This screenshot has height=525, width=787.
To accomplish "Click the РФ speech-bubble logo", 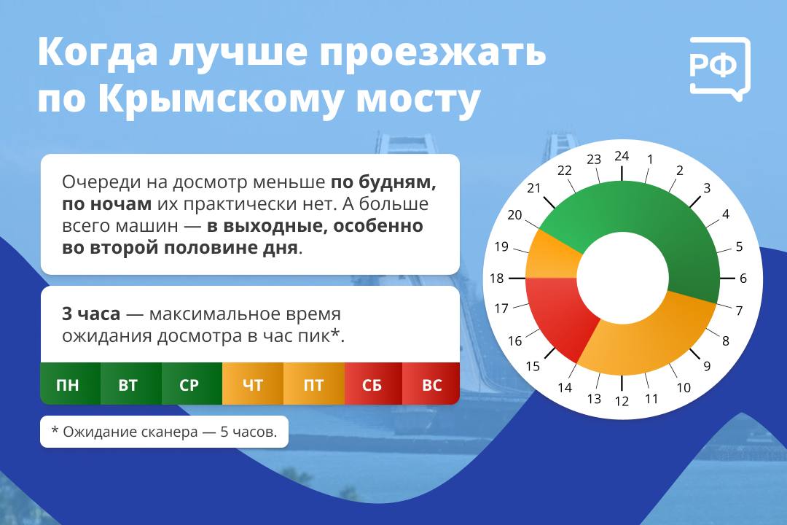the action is pos(720,68).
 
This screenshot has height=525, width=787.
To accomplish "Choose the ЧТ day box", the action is pos(253,384).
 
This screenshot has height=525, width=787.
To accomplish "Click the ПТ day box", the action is pos(314,384).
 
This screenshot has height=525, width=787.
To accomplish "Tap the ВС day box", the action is pos(431,384).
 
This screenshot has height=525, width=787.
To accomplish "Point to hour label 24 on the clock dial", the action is pos(622,156).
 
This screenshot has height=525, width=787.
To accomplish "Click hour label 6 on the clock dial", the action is pos(743,279).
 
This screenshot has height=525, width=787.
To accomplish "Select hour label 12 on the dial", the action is pos(622,401).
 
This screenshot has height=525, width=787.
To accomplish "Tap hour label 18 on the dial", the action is pos(497,279).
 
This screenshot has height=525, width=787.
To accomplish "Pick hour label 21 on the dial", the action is pos(533,188).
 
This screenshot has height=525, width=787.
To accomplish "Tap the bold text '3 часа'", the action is pos(91,314).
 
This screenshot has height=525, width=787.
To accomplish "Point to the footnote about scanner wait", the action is pos(164,432).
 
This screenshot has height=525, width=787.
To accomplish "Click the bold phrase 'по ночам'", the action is pos(106,204).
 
